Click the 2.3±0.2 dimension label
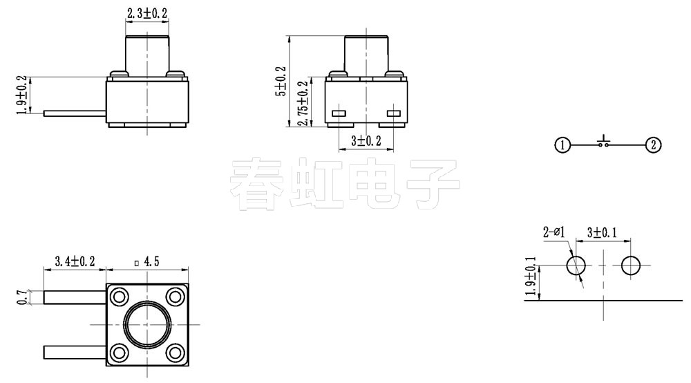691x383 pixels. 147,12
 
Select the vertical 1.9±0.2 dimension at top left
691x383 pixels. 21,95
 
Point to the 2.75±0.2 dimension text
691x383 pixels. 301,103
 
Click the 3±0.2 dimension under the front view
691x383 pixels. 366,141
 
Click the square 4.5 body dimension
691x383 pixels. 146,261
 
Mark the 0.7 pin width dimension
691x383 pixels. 21,297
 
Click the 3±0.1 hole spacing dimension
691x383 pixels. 603,232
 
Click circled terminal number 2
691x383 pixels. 653,145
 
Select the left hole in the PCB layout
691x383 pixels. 576,265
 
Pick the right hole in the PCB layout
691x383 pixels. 631,265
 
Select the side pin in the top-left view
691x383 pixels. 75,112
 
